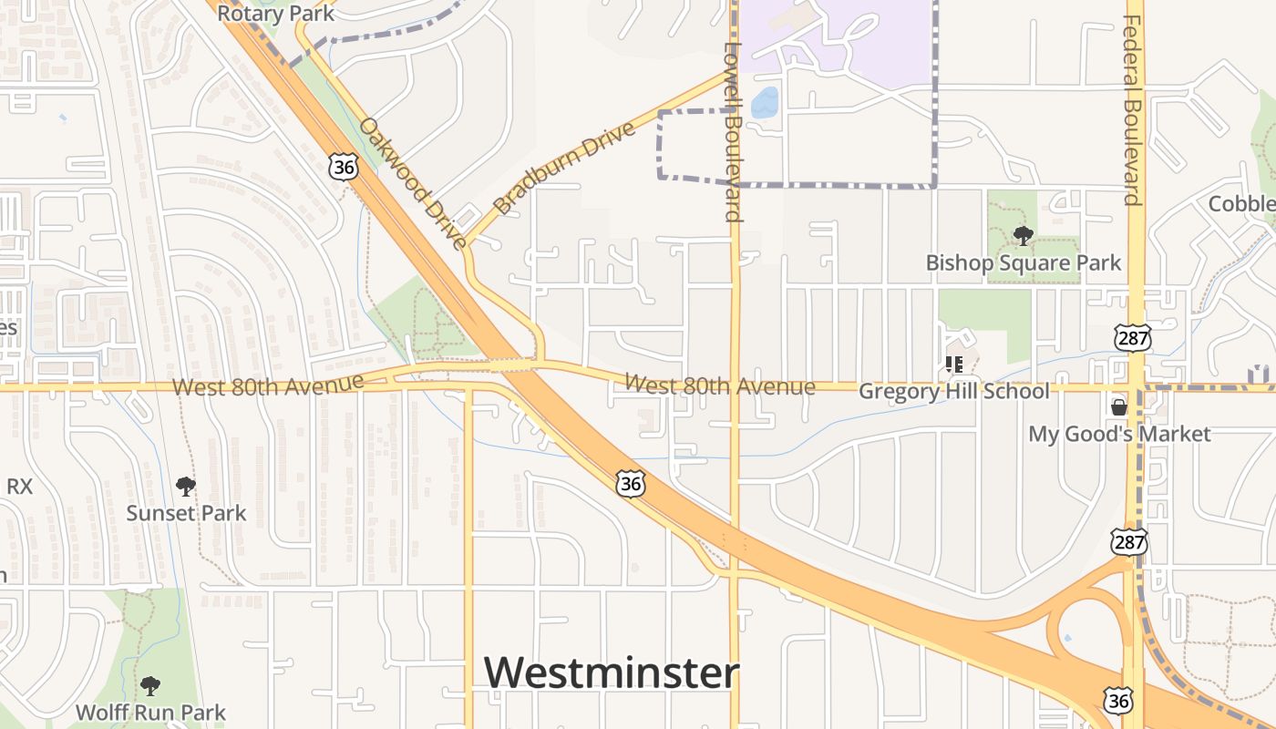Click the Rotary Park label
(x=276, y=13)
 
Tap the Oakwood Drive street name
(x=413, y=182)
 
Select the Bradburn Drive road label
(x=563, y=168)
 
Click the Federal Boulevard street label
(x=1133, y=109)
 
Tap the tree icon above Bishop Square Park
(x=1023, y=236)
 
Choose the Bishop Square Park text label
(x=1024, y=263)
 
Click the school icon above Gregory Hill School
(x=954, y=365)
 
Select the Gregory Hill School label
(x=954, y=392)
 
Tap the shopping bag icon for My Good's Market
(x=1118, y=406)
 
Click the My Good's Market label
(x=1119, y=434)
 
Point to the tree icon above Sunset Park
(x=186, y=487)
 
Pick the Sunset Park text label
(x=186, y=513)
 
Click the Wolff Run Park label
(x=150, y=712)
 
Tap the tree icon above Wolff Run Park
(x=150, y=685)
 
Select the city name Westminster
(x=611, y=673)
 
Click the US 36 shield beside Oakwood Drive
(x=344, y=167)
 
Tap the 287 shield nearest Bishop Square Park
(x=1132, y=338)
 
